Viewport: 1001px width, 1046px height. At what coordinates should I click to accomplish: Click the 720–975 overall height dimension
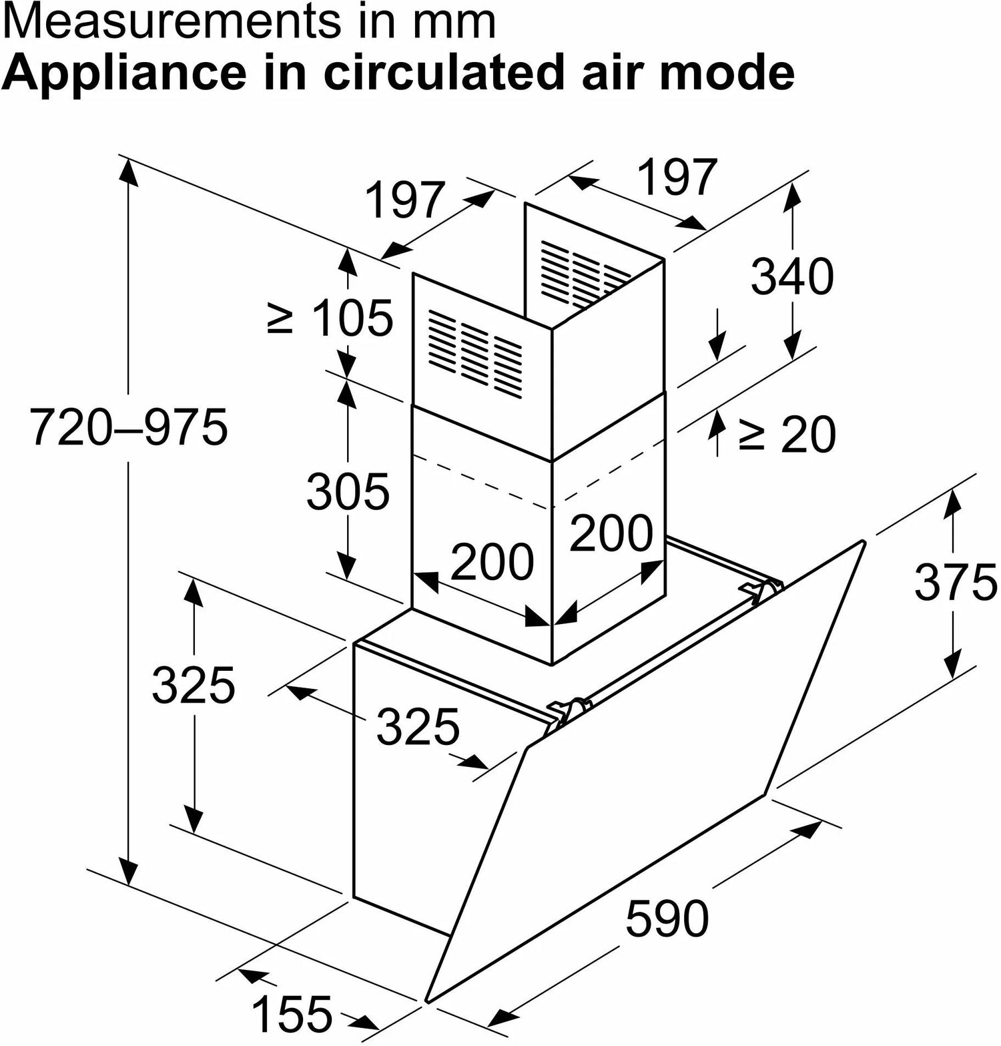(x=129, y=427)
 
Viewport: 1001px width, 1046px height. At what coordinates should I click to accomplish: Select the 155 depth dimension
(x=291, y=1013)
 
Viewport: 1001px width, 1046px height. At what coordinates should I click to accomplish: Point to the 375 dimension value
(x=955, y=582)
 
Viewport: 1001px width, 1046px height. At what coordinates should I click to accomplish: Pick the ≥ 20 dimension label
(x=787, y=435)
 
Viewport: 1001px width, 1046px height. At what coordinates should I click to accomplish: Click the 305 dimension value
(x=348, y=491)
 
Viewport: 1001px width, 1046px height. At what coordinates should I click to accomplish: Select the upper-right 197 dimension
(x=677, y=177)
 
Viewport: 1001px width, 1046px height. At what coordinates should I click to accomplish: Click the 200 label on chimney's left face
(x=492, y=561)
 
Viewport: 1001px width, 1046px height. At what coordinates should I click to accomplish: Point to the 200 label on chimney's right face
(x=611, y=532)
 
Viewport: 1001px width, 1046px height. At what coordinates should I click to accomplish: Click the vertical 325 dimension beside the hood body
(x=194, y=685)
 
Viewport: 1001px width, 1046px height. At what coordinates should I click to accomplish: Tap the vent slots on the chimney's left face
(x=475, y=351)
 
